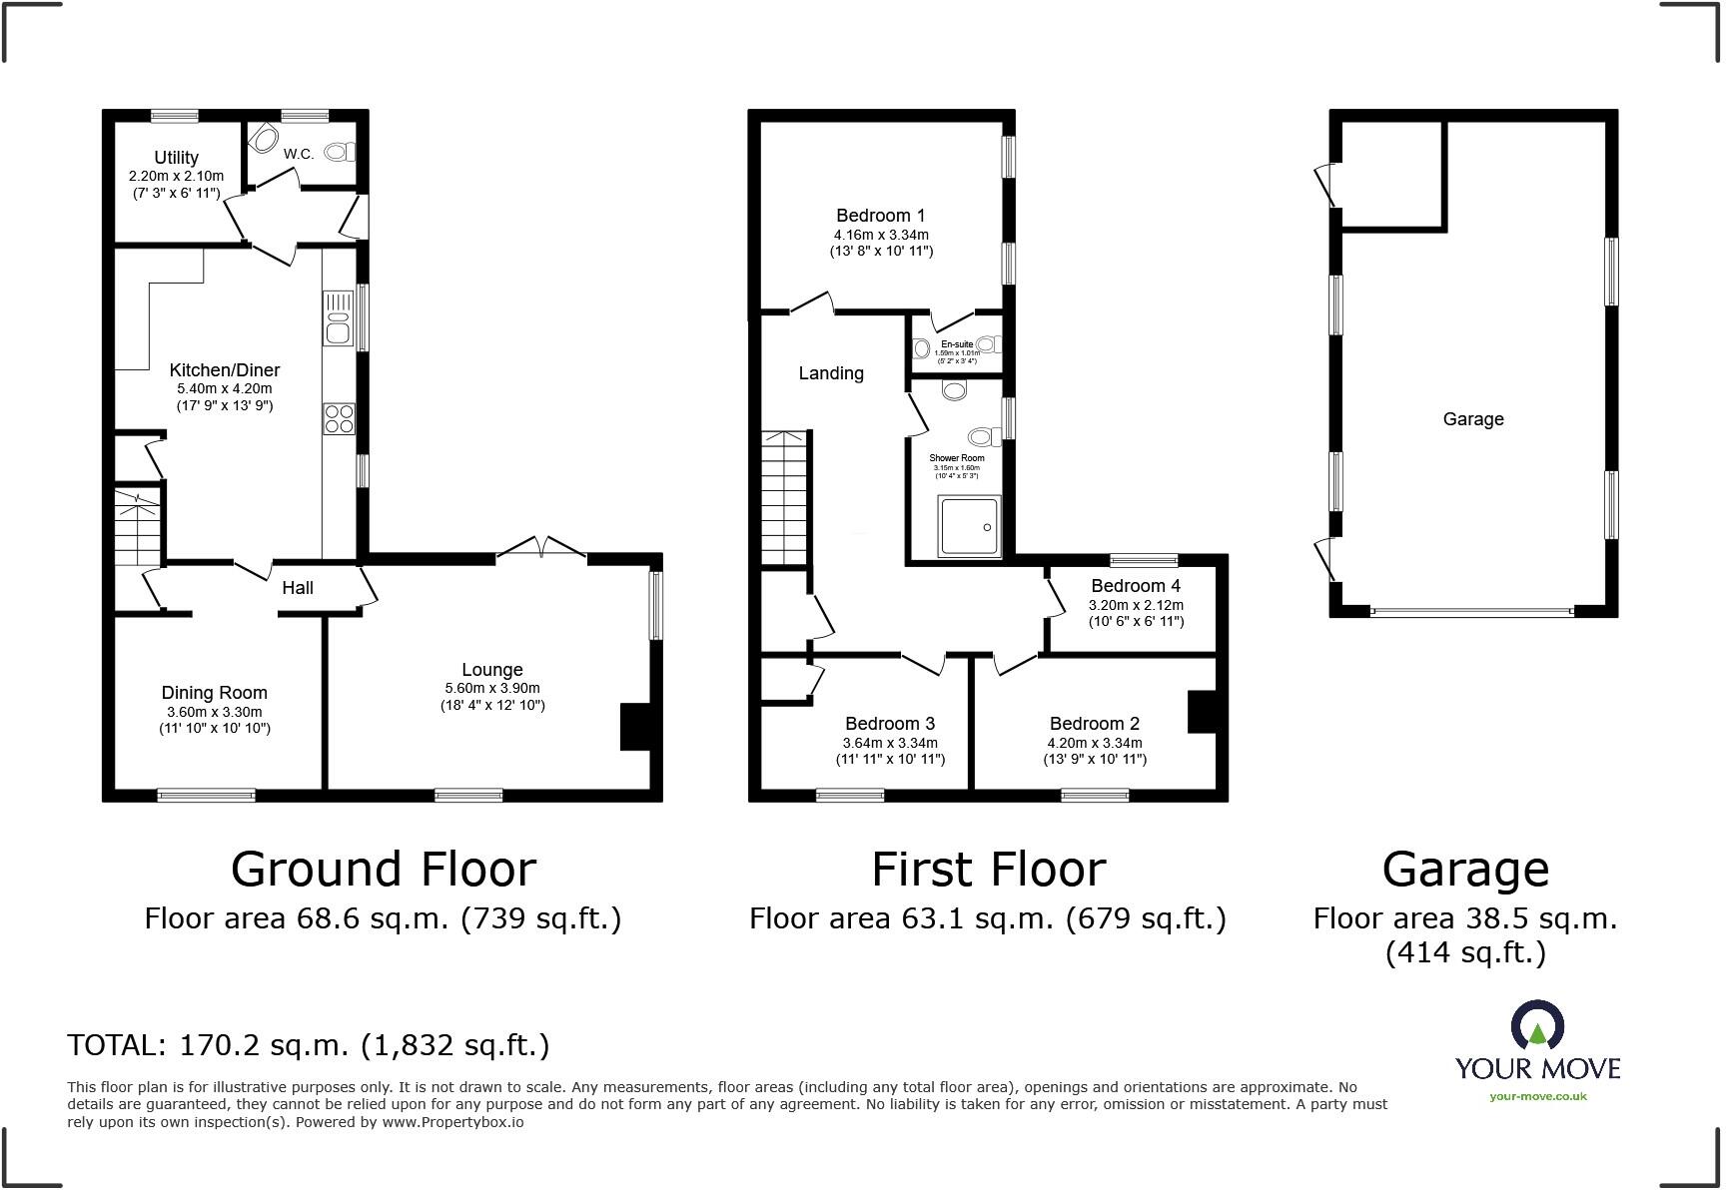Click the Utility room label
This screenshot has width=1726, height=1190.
point(176,158)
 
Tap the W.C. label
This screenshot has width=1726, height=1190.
point(299,154)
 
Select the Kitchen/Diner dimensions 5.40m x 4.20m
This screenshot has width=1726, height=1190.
point(225,388)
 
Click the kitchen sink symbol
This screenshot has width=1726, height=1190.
point(339,317)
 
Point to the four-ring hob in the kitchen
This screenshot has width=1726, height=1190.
point(339,418)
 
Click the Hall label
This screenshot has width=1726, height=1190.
point(298,588)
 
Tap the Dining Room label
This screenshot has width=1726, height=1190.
point(215,693)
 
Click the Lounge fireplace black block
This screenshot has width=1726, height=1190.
point(636,726)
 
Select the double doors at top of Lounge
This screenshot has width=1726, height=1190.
point(541,548)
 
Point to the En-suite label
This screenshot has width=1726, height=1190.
point(957,344)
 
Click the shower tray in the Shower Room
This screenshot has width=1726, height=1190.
point(969,526)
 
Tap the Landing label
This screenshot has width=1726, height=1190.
point(831,373)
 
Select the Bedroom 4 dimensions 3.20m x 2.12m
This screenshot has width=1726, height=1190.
point(1136,605)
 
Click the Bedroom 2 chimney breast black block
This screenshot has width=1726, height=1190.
point(1201,712)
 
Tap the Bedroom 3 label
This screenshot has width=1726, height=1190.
point(890,724)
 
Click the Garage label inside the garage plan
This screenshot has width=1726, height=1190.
point(1473,419)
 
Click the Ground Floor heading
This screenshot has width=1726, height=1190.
point(384,870)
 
